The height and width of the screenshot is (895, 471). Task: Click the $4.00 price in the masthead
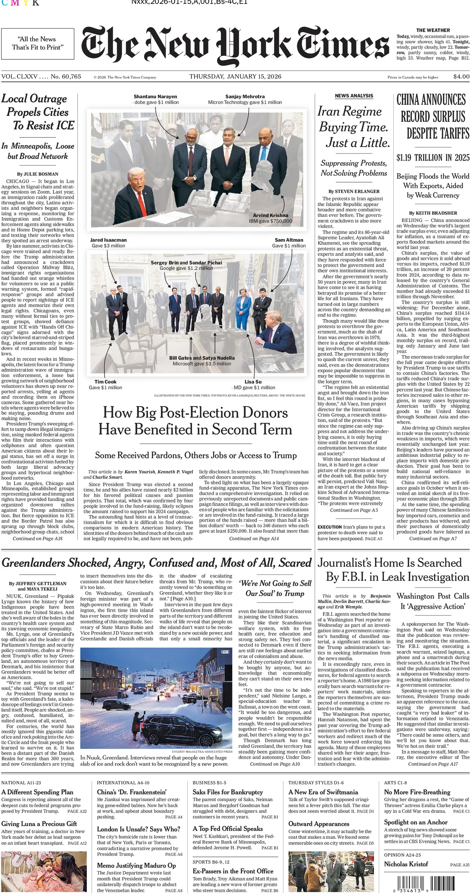[x=461, y=77]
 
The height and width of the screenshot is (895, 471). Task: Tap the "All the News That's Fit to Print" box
[x=37, y=44]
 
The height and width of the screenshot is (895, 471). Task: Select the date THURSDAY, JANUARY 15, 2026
[x=235, y=77]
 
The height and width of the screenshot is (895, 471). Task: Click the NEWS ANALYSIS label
[x=354, y=96]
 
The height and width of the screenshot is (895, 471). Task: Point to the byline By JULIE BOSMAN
[x=38, y=174]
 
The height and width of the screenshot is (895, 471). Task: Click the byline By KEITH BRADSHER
[x=433, y=213]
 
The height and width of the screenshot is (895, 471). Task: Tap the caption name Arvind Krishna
[x=270, y=215]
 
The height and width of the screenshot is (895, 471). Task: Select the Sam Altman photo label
[x=289, y=240]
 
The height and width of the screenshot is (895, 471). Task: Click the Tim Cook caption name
[x=105, y=382]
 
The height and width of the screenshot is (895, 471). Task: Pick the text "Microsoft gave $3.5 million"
[x=202, y=364]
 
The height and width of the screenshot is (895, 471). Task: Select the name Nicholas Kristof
[x=406, y=864]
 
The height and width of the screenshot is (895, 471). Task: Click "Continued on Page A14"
[x=254, y=539]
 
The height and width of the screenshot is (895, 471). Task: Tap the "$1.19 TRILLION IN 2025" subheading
[x=433, y=158]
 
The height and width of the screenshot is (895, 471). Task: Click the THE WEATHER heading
[x=433, y=30]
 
